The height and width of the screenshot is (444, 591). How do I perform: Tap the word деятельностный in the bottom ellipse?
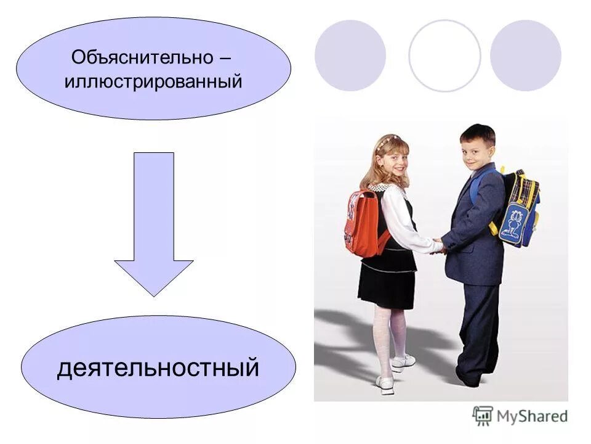click(x=158, y=368)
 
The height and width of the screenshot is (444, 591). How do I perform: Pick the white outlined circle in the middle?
click(x=444, y=55)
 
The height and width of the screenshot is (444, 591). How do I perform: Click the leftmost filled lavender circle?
click(x=350, y=55)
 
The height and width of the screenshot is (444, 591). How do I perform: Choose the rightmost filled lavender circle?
click(x=525, y=55)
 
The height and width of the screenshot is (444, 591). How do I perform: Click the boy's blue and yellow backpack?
click(x=517, y=207)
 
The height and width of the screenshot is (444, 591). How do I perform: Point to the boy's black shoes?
click(x=468, y=377)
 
